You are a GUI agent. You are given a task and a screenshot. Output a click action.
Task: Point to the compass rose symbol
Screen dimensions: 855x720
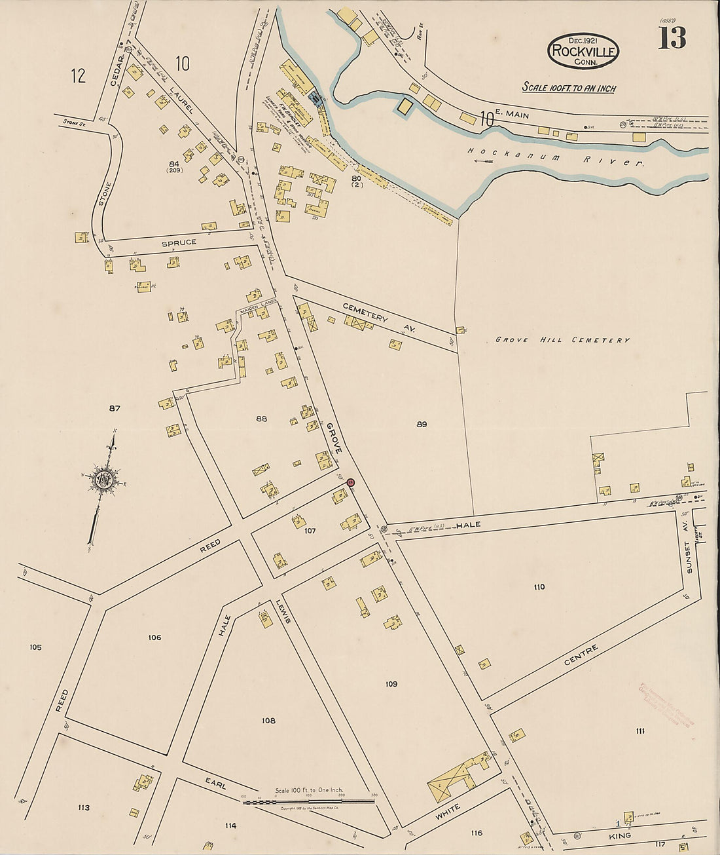(x=103, y=480)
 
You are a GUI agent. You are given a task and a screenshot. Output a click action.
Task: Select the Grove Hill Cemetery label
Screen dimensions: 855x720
(x=562, y=340)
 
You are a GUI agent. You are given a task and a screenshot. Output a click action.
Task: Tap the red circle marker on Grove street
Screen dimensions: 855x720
(x=351, y=483)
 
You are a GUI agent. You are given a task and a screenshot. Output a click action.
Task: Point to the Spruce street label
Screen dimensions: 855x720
(x=179, y=242)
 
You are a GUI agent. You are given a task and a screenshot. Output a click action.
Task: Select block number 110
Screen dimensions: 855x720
(x=539, y=587)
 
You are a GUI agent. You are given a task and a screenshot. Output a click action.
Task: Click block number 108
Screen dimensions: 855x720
(x=268, y=721)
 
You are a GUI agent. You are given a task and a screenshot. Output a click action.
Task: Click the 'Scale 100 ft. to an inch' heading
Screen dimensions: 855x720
(x=568, y=88)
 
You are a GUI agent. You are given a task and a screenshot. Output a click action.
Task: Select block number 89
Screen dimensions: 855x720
(x=422, y=425)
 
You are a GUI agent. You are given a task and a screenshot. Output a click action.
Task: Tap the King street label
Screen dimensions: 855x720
(x=619, y=836)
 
